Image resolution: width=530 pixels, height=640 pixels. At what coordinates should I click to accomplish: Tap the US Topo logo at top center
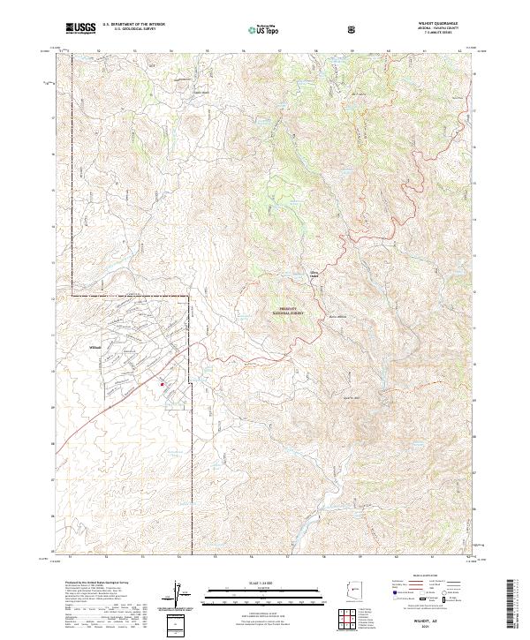261,29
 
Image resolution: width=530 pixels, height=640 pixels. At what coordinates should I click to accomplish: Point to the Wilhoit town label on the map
98,347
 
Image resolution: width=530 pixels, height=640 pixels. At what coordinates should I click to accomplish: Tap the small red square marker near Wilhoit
162,384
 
